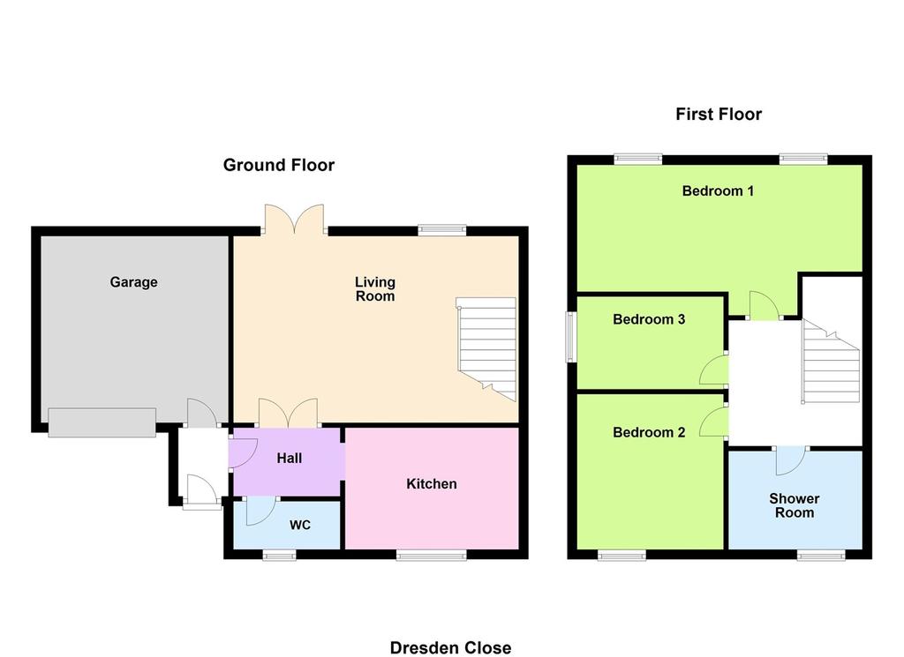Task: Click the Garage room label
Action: pos(134,282)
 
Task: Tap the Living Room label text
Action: pos(374,289)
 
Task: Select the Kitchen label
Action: pos(431,483)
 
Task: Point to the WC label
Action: pos(300,525)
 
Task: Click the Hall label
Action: pos(289,459)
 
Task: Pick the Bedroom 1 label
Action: pos(718,191)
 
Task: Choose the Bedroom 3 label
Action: pos(649,319)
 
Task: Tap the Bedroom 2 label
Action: pos(649,432)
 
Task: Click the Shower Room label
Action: pos(794,505)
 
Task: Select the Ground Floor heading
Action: pos(278,165)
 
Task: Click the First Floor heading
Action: pos(719,114)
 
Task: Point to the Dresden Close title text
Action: pos(450,648)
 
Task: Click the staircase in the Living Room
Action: pos(486,349)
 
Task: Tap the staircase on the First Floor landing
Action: pos(831,362)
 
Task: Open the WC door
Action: pos(260,511)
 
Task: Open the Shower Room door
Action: pos(790,460)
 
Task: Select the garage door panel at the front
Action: pos(102,422)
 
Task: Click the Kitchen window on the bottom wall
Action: pos(431,555)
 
